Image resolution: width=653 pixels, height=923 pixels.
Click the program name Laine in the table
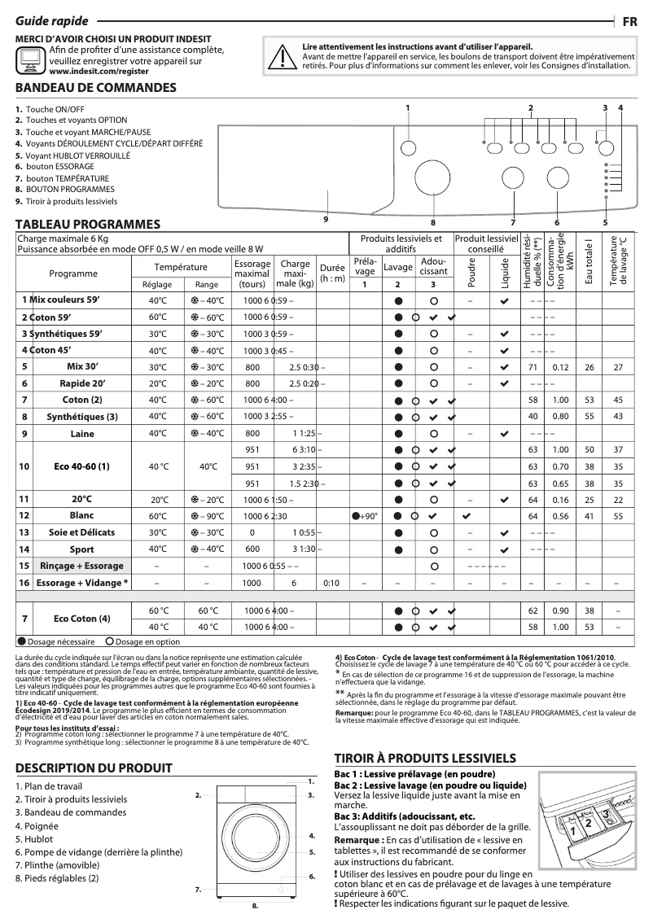point(82,434)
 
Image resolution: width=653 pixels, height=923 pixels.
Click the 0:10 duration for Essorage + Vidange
point(331,583)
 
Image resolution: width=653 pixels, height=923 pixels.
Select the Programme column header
point(73,273)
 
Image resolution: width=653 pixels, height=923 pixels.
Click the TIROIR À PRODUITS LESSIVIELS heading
point(425,756)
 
